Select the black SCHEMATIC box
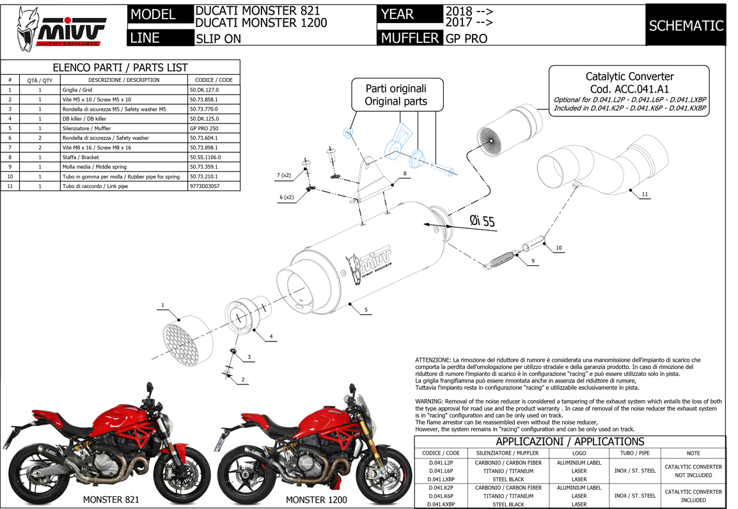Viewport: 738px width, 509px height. pyautogui.click(x=686, y=26)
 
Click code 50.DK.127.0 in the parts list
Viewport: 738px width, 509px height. pyautogui.click(x=204, y=90)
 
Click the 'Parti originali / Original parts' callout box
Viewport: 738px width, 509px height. pyautogui.click(x=395, y=95)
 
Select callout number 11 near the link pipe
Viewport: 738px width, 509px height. pyautogui.click(x=645, y=193)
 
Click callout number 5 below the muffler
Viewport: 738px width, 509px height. pyautogui.click(x=366, y=310)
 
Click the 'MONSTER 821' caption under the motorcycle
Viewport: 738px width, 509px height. pyautogui.click(x=111, y=499)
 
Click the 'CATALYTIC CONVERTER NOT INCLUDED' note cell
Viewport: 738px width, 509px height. pyautogui.click(x=693, y=471)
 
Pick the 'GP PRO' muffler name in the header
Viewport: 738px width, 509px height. pyautogui.click(x=466, y=38)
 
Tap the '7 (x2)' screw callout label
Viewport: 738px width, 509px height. pyautogui.click(x=284, y=175)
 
